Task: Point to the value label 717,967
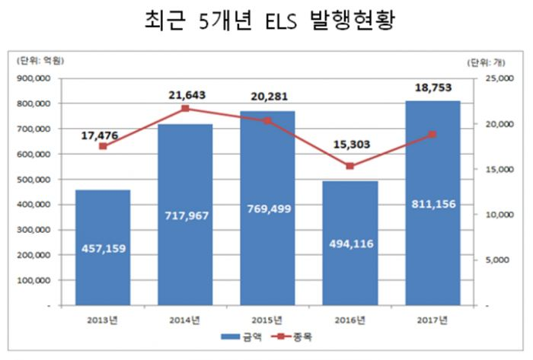185,215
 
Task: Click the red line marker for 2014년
185,109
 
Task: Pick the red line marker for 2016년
349,166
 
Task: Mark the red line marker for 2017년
432,135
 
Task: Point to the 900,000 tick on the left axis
34,78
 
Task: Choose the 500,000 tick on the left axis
34,179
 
